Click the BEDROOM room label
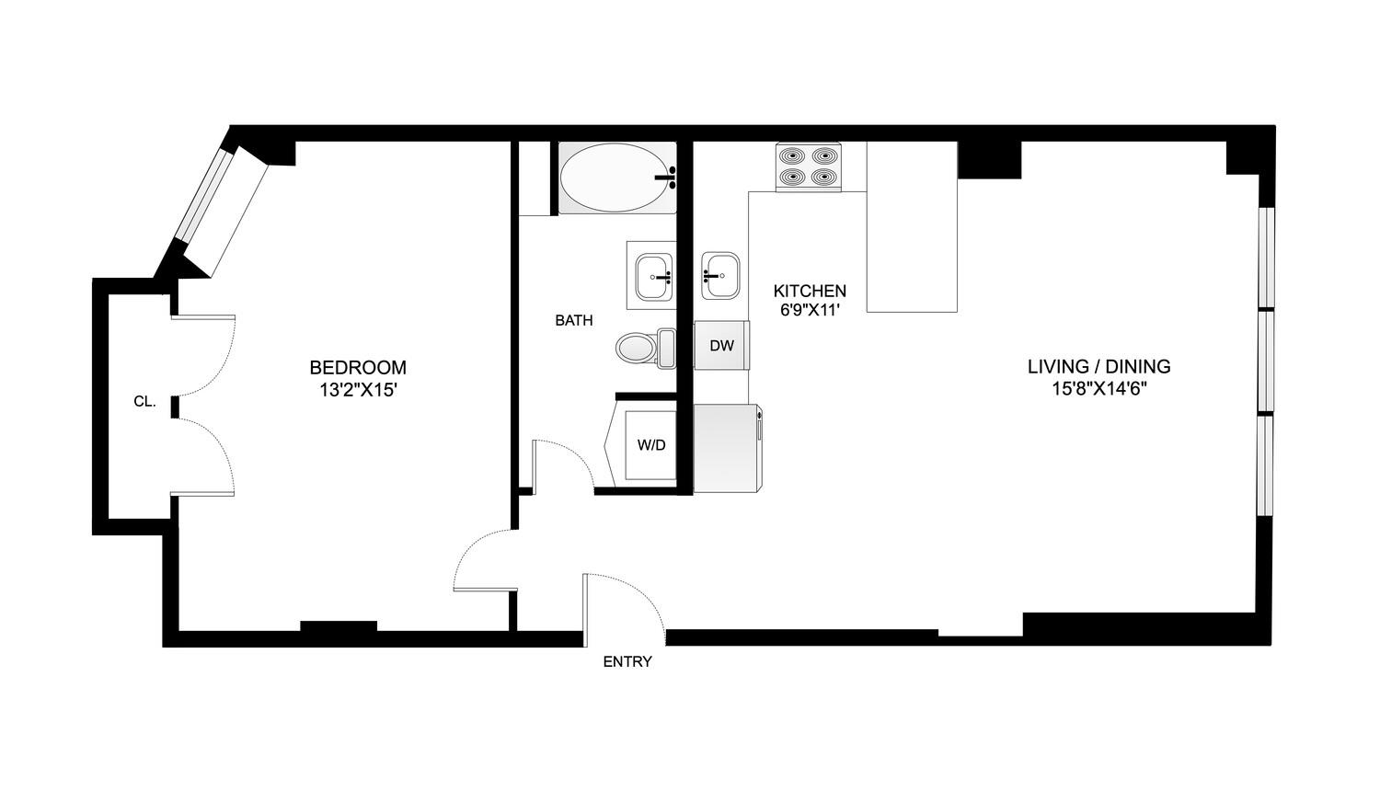pos(357,367)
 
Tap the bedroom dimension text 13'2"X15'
pos(357,390)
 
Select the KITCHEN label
pos(810,291)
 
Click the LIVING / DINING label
pos(1098,367)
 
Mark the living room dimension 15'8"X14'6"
pos(1098,389)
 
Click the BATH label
pos(573,321)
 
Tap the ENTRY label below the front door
pos(627,661)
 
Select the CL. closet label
pos(144,402)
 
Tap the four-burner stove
pos(809,166)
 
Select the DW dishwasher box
pos(722,346)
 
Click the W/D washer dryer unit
pos(651,445)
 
